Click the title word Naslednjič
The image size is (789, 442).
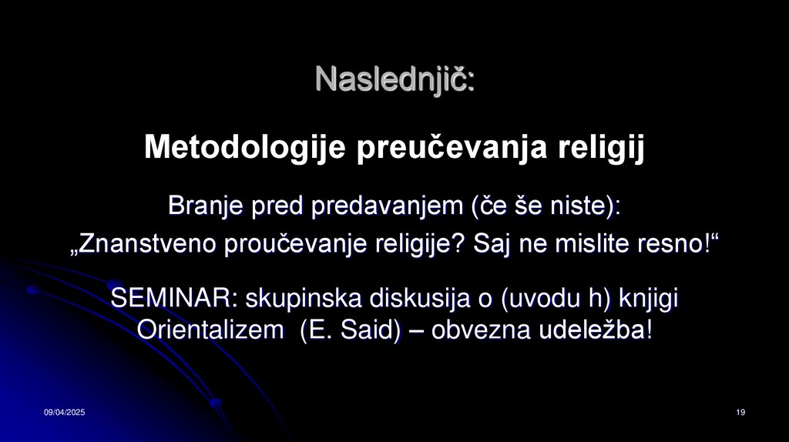pos(394,79)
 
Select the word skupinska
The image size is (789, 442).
pos(297,298)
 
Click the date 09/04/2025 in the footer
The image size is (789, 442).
pos(64,414)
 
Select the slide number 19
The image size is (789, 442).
pos(740,414)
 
